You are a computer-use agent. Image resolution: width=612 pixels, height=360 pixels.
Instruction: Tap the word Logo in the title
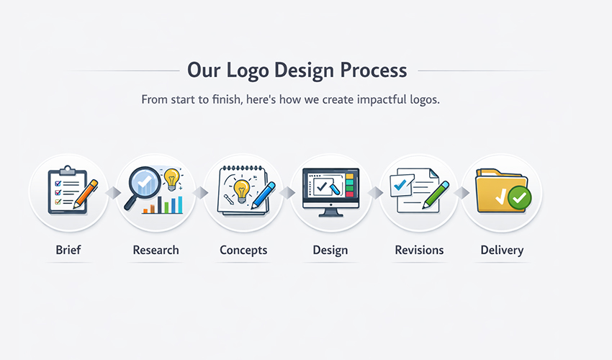[244, 71]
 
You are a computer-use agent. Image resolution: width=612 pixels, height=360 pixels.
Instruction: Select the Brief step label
[68, 251]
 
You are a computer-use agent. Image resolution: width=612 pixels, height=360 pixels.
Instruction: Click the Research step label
[156, 251]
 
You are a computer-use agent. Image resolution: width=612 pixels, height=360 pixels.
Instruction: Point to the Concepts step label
[243, 251]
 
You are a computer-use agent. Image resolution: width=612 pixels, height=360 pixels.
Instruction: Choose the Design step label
[330, 251]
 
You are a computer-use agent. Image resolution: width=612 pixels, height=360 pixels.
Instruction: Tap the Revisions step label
[419, 251]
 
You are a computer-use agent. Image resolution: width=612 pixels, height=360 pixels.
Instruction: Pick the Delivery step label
[502, 251]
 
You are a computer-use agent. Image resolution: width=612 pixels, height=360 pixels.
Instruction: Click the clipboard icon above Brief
[64, 191]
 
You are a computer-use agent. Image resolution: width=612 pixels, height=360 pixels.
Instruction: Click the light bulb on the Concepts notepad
[241, 189]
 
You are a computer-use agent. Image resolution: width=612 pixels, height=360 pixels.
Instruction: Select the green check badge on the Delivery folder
[519, 197]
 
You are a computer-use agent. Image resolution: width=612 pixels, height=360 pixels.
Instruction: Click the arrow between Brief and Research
[112, 193]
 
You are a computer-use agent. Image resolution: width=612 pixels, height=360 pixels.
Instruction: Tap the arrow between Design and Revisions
[375, 193]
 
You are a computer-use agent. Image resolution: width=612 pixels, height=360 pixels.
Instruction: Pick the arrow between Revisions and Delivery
[462, 193]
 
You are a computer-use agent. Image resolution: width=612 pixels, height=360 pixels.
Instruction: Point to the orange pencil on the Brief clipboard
[85, 193]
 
